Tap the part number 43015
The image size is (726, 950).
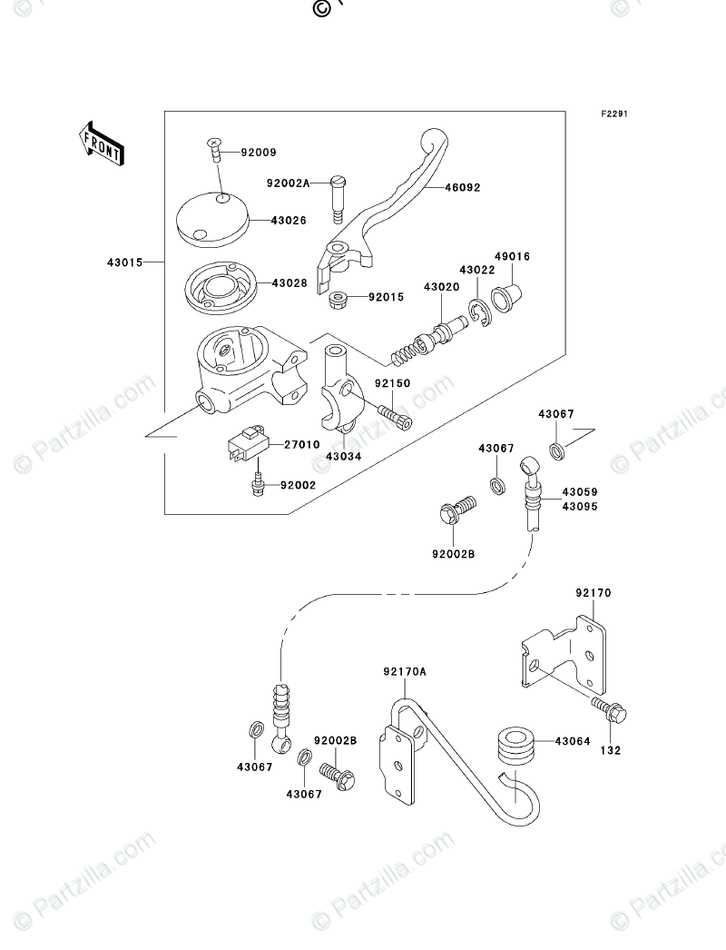coord(125,262)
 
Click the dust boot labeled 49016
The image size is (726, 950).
coord(506,297)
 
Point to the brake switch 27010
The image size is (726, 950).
coord(247,445)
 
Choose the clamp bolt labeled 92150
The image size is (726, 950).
coord(394,417)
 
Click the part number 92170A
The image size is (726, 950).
coord(405,671)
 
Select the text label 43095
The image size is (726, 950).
coord(580,507)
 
